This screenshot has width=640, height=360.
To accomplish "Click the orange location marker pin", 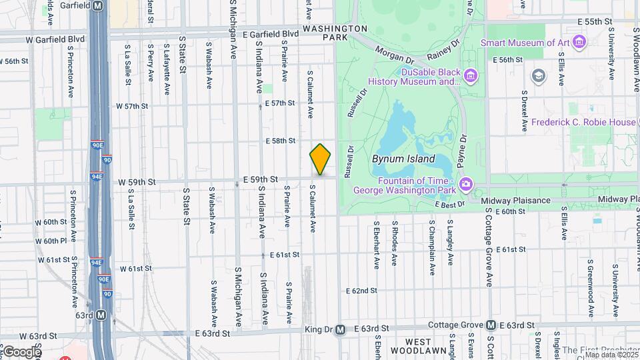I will pos(320,159).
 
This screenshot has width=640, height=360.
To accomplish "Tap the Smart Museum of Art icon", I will pos(579,43).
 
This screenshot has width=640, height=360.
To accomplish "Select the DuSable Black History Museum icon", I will pos(471,76).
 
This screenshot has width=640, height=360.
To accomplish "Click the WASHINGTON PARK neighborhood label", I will pos(335,33).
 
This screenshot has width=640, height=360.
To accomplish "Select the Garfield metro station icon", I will pos(98,5).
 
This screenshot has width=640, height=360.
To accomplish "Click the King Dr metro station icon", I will pos(340,329).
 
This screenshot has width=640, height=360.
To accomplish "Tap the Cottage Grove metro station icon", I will pos(491,325).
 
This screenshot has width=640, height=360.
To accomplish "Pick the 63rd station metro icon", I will pos(101,315).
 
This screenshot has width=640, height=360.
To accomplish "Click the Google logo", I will pos(22,351).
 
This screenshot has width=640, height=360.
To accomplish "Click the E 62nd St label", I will pos(361,291).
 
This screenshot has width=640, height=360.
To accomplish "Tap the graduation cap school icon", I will pos(537,75).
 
